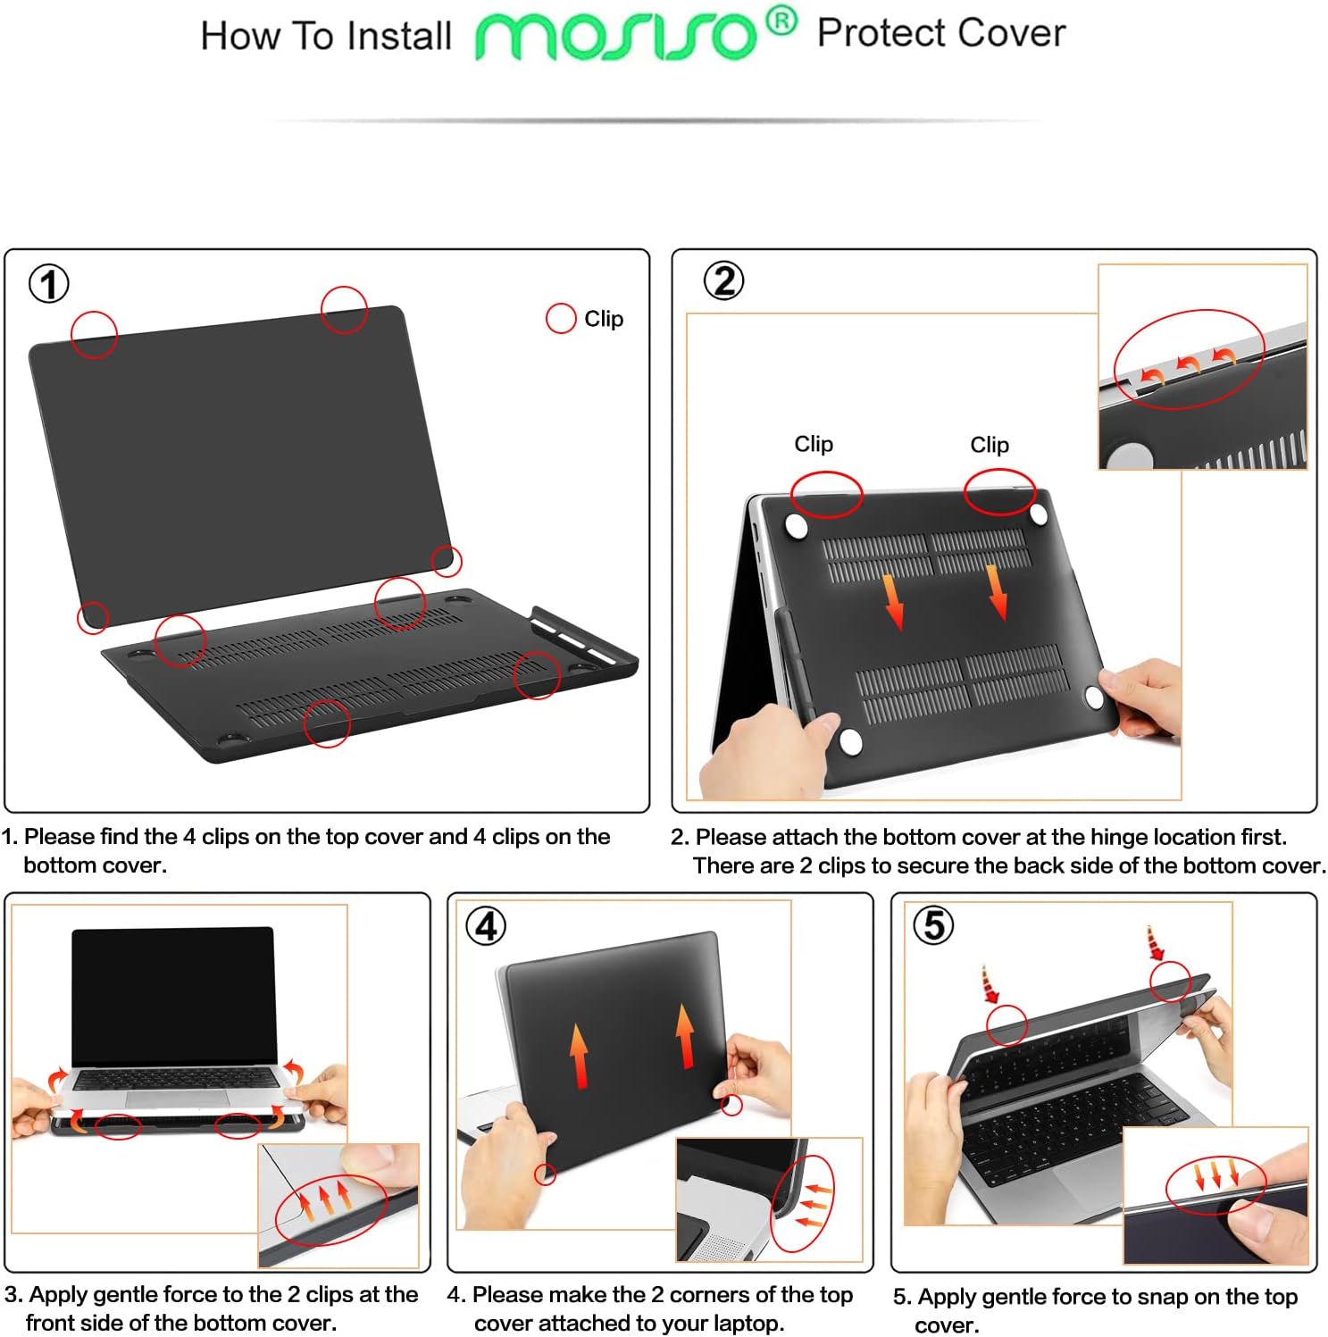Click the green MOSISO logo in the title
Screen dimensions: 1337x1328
pos(616,37)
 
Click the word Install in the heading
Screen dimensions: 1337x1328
pos(399,37)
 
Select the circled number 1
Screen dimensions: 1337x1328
pos(49,284)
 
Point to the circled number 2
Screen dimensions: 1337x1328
pos(723,280)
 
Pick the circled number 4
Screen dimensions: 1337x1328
pos(486,926)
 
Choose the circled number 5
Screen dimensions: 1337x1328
pos(933,925)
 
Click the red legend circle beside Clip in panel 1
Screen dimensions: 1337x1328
pos(561,318)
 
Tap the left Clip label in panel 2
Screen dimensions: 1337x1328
pos(813,444)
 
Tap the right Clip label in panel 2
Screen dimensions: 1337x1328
pos(990,445)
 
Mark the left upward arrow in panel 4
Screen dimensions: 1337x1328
pos(579,1055)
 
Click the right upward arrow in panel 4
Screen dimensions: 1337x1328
pos(685,1036)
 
